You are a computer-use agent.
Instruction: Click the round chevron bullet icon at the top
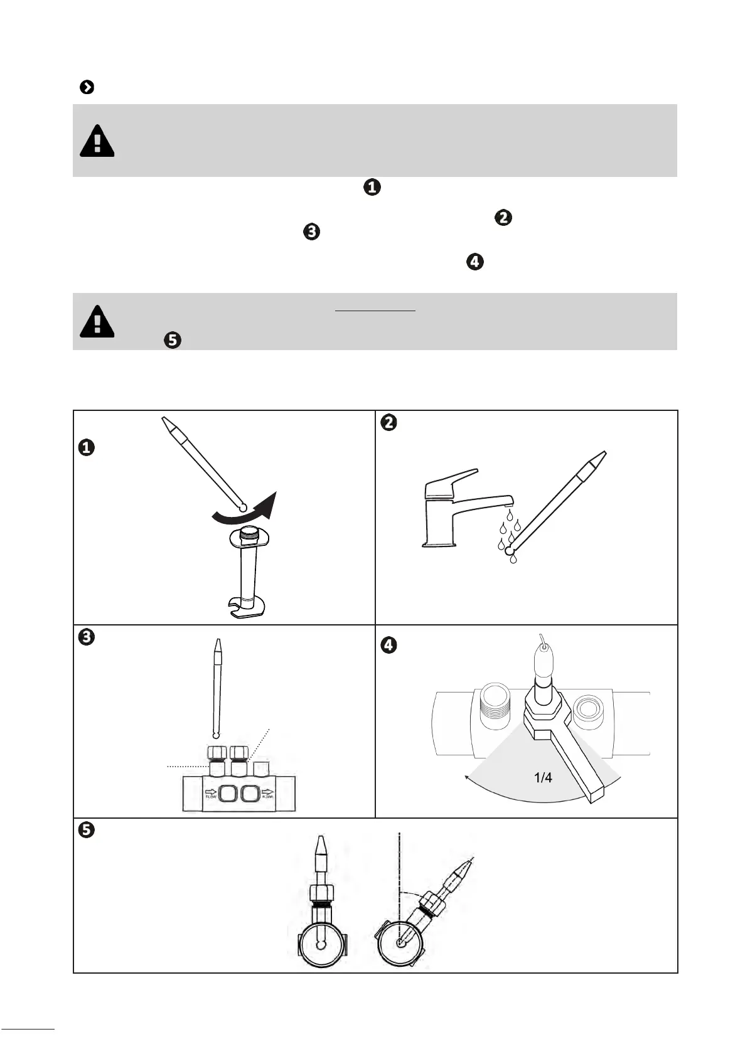[87, 87]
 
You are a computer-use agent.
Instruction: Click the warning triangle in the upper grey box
[97, 141]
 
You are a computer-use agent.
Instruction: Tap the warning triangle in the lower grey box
[97, 321]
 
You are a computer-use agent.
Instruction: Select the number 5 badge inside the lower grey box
[173, 341]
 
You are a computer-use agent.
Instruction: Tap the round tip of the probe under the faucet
[510, 551]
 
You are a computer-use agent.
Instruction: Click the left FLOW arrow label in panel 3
[211, 794]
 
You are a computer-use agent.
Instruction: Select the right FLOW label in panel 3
[268, 794]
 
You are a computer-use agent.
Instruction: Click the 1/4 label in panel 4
[543, 778]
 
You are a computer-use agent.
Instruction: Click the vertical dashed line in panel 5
[399, 866]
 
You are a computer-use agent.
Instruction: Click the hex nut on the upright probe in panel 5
[321, 891]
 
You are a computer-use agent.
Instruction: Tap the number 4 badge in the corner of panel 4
[389, 645]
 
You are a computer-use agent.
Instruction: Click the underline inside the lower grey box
[375, 310]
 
